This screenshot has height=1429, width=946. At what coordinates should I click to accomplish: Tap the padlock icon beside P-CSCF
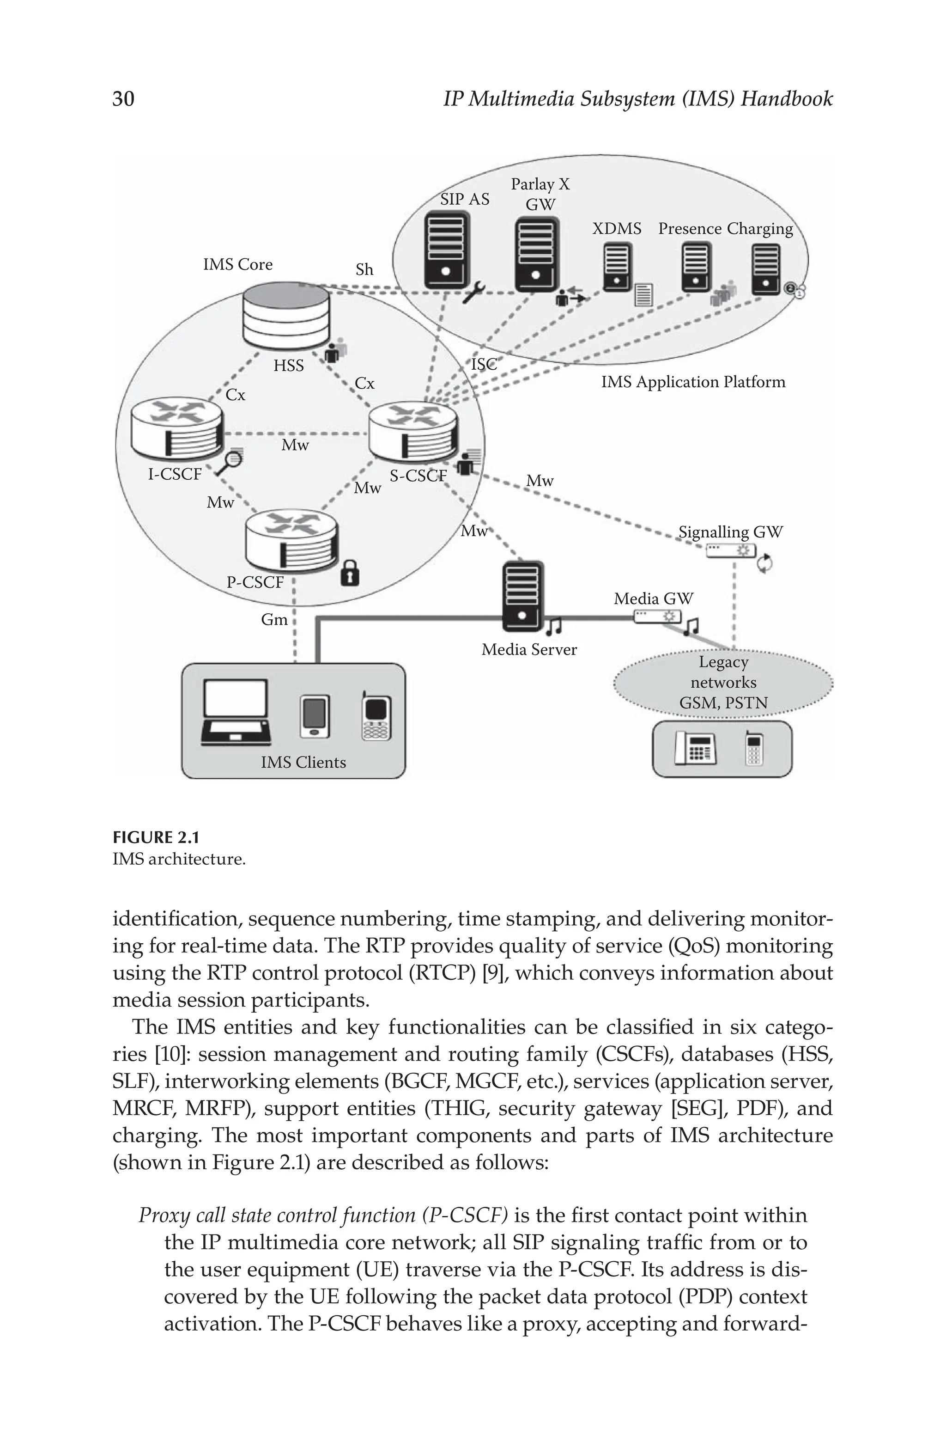[x=350, y=573]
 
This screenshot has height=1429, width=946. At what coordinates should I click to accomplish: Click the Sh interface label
[x=364, y=270]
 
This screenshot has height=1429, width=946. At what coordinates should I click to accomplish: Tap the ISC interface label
[x=484, y=365]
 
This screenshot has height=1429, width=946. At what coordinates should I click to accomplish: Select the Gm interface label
[x=274, y=620]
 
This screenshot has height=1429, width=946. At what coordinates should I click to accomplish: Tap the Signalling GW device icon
[x=731, y=550]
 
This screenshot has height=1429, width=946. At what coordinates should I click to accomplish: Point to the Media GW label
[x=654, y=598]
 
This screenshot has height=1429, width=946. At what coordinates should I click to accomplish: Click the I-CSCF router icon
[x=177, y=427]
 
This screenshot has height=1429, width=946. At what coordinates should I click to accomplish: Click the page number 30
[x=124, y=98]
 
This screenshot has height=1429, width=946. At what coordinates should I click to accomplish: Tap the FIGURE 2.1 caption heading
[x=156, y=837]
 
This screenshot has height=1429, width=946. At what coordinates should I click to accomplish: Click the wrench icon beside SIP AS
[x=473, y=292]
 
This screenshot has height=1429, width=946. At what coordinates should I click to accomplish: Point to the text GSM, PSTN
[x=723, y=703]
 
